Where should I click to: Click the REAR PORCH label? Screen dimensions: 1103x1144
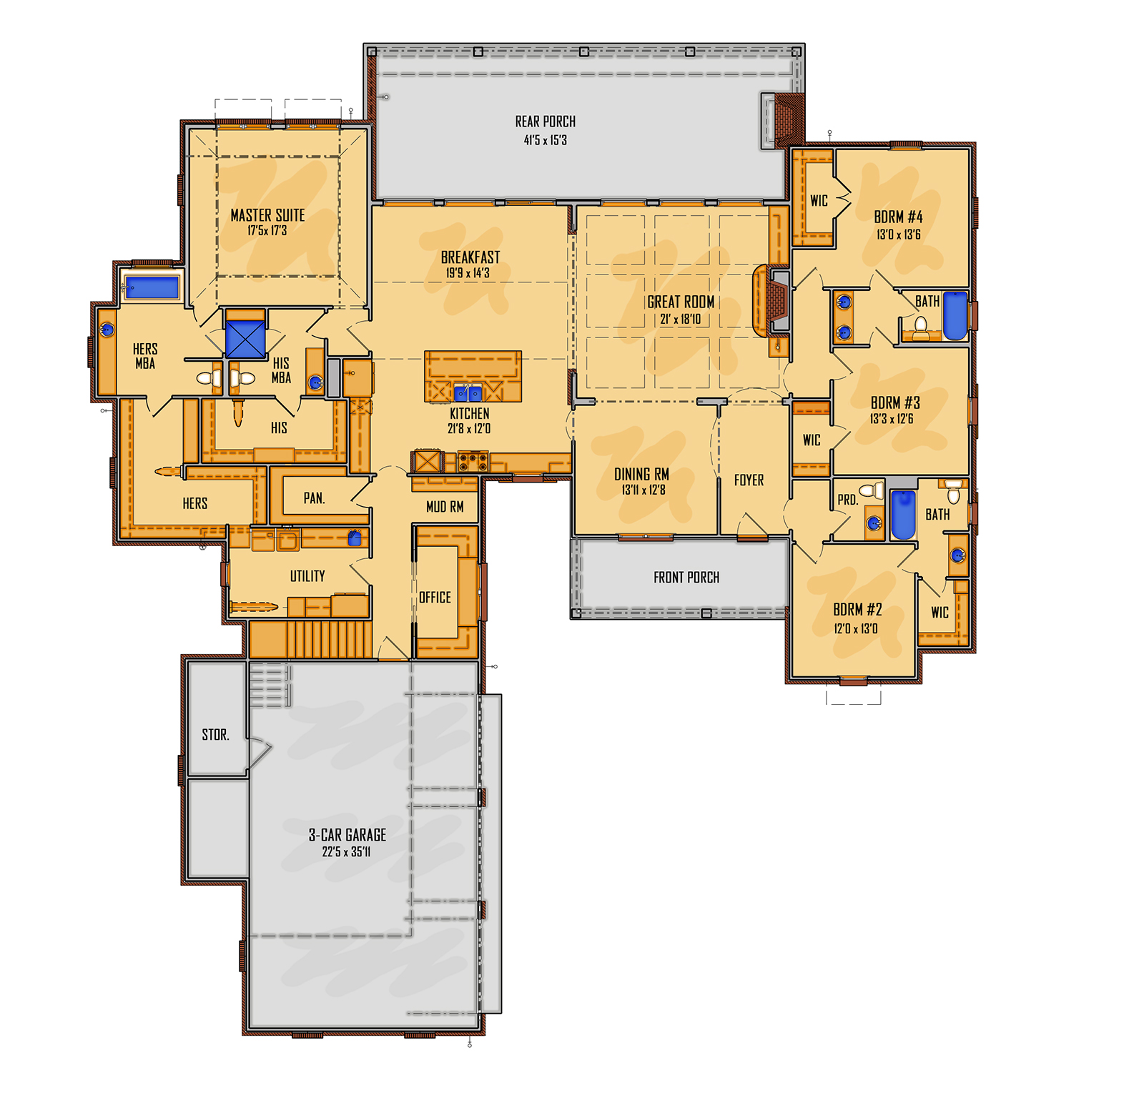point(545,122)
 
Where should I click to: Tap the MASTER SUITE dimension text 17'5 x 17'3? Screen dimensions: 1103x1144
point(267,231)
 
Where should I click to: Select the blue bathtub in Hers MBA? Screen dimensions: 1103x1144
point(152,287)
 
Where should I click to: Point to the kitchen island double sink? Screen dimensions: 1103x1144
point(468,392)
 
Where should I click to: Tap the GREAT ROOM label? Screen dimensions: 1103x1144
point(680,302)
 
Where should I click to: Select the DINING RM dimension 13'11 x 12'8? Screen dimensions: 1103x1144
point(643,490)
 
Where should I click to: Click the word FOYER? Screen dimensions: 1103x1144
point(749,480)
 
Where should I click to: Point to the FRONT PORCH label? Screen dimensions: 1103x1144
point(686,578)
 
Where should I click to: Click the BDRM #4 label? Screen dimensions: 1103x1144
point(898,217)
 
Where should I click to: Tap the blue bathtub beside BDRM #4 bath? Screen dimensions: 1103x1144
point(955,315)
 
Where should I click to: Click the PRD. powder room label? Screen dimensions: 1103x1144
point(847,500)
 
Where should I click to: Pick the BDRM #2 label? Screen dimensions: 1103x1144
point(857,610)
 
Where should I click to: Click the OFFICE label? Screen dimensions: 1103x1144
point(435,598)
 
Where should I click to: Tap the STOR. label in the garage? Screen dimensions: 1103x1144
point(215,735)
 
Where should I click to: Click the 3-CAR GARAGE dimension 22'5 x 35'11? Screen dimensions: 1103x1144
point(346,852)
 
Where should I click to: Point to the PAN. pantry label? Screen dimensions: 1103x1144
point(314,498)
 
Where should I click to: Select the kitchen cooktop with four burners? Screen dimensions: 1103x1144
point(473,462)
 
